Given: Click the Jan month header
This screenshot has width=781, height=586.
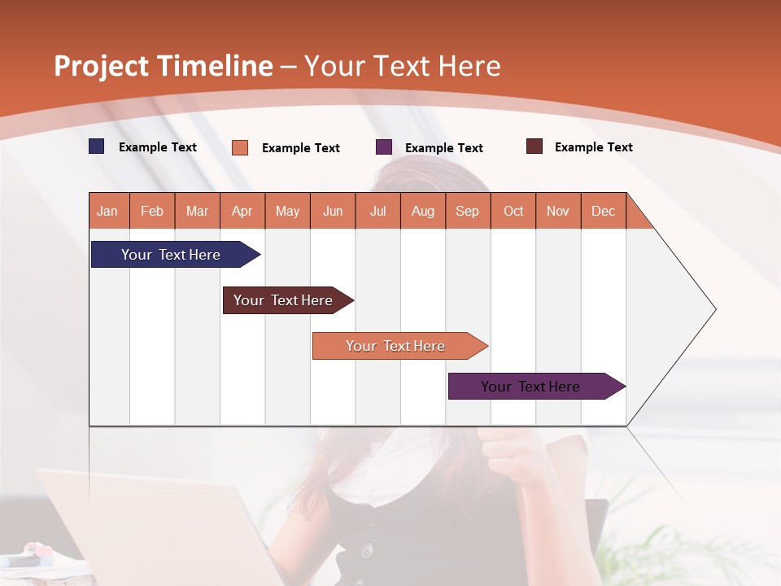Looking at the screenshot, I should point(107,211).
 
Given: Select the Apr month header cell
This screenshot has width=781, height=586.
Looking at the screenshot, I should point(242,211).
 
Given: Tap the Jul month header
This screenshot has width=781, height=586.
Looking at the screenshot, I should point(377,211).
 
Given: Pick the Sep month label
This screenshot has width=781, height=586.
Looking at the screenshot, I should point(467,211).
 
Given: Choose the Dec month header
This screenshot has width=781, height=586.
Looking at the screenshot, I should point(603,211).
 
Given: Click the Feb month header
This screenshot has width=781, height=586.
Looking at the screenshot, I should point(152,211).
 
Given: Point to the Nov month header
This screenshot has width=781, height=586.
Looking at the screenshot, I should point(558,211).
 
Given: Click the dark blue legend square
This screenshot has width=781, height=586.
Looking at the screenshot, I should point(97,146).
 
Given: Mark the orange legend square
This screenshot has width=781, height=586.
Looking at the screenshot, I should point(240,147).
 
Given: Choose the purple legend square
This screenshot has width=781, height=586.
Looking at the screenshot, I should point(384,147).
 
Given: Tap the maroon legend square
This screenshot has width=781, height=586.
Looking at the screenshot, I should point(534,146).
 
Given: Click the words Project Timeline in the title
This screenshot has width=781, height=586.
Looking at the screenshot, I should point(164,66).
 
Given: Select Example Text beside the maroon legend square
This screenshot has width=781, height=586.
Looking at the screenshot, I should point(593,147).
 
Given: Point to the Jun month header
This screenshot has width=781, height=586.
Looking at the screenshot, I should point(333,211).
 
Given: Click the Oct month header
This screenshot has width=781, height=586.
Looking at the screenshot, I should point(513,211).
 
